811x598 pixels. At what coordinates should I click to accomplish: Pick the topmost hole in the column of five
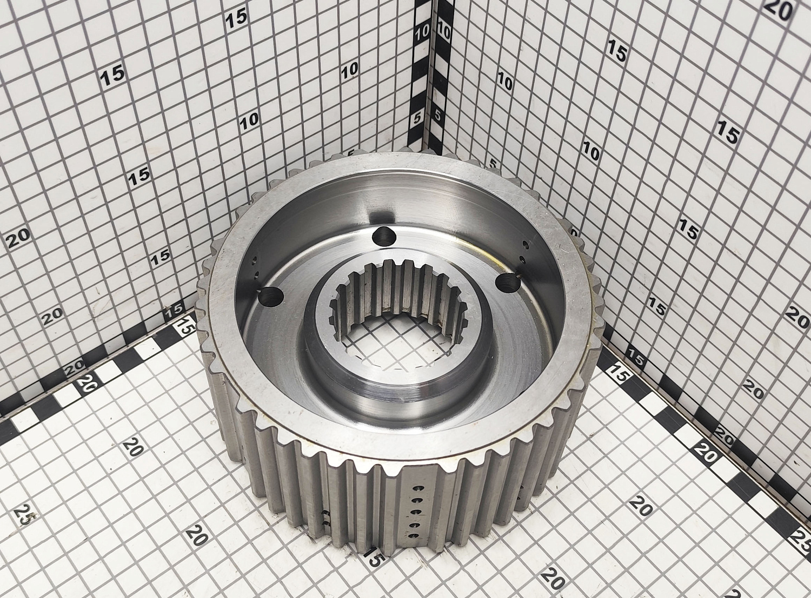(x=415, y=488)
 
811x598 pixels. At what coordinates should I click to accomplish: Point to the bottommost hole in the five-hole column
(x=414, y=536)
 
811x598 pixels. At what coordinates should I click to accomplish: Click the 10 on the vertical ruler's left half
(x=422, y=32)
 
